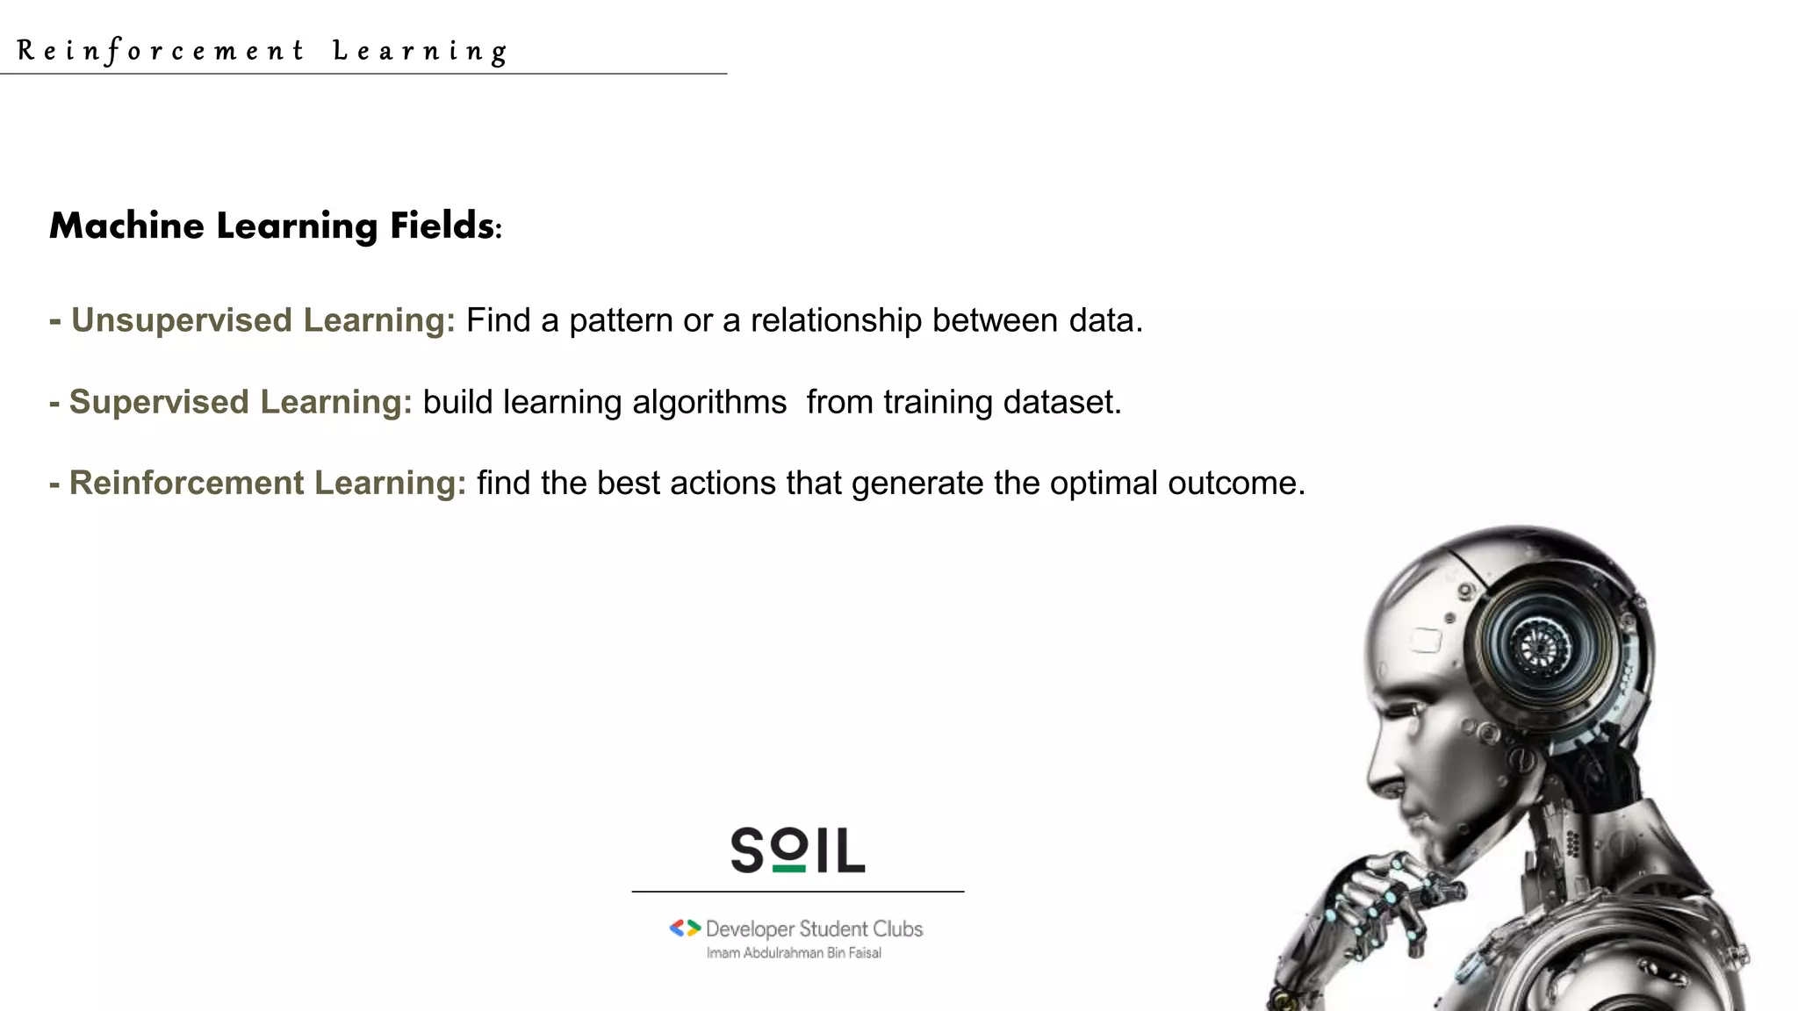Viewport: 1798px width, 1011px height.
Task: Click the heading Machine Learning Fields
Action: coord(275,226)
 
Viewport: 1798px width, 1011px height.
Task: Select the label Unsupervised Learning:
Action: coord(263,320)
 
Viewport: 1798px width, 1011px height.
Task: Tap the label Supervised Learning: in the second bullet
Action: coord(240,402)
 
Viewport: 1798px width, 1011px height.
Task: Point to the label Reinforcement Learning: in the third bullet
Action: coord(267,484)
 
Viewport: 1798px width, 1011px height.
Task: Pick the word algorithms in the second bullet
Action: coord(709,402)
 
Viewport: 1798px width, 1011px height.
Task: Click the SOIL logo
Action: coord(797,850)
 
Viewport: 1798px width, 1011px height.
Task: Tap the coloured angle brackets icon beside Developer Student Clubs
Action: coord(685,928)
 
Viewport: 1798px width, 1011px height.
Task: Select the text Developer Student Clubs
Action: coord(814,929)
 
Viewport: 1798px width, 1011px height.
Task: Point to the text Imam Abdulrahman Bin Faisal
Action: coord(794,953)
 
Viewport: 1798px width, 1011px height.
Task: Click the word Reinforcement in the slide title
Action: coord(161,51)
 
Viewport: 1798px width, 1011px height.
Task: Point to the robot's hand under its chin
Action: coord(1387,904)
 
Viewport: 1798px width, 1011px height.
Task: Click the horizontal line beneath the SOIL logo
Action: coord(797,892)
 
